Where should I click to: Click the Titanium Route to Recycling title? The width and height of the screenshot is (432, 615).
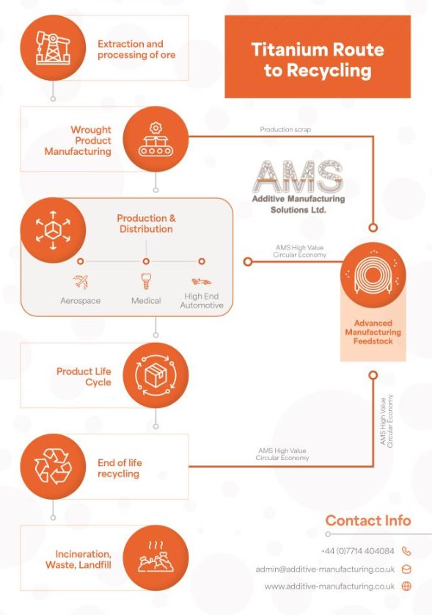point(317,60)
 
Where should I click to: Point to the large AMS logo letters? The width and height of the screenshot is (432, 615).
point(299,175)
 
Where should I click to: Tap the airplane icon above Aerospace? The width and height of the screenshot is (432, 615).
point(81,281)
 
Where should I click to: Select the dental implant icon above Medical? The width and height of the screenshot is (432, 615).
point(146,281)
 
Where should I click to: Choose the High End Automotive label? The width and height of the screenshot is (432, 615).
point(202,301)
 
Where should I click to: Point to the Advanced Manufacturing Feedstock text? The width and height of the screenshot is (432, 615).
point(373,332)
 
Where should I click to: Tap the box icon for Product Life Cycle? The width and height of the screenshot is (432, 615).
point(155,376)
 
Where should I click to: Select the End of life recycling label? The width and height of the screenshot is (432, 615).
point(120,468)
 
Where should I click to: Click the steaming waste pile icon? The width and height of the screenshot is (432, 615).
point(155,558)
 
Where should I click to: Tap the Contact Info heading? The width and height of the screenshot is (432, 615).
point(367,520)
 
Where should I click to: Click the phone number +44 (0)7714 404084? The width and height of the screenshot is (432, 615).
point(357,550)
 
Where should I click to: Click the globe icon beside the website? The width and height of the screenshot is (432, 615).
point(406,586)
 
